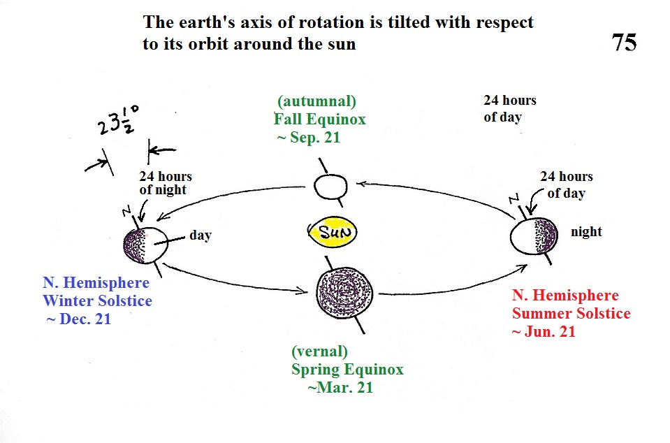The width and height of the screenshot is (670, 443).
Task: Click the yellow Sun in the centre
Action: (333, 232)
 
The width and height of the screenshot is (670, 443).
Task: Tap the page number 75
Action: (624, 43)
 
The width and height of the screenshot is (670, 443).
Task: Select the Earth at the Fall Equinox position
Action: (330, 187)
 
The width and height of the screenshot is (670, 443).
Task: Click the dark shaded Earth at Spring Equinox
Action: (344, 293)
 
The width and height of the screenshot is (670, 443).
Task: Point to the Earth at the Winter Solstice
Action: (145, 245)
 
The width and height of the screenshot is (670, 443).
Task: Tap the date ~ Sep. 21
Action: (309, 138)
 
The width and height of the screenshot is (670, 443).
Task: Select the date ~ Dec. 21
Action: (79, 319)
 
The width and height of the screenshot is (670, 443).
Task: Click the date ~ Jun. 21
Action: (544, 332)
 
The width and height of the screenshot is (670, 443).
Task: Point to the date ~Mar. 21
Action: (340, 388)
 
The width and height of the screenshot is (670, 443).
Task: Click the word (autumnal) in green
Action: (316, 102)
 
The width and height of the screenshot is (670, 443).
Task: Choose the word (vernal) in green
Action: (319, 351)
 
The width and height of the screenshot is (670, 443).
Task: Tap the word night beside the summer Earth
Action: (586, 231)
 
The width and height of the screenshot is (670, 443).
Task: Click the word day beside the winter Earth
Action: (201, 235)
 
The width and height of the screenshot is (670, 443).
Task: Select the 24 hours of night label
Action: (166, 183)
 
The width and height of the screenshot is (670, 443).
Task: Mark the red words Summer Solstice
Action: (571, 314)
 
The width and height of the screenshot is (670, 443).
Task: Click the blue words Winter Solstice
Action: (97, 300)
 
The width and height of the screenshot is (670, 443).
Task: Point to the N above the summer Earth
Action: (514, 198)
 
